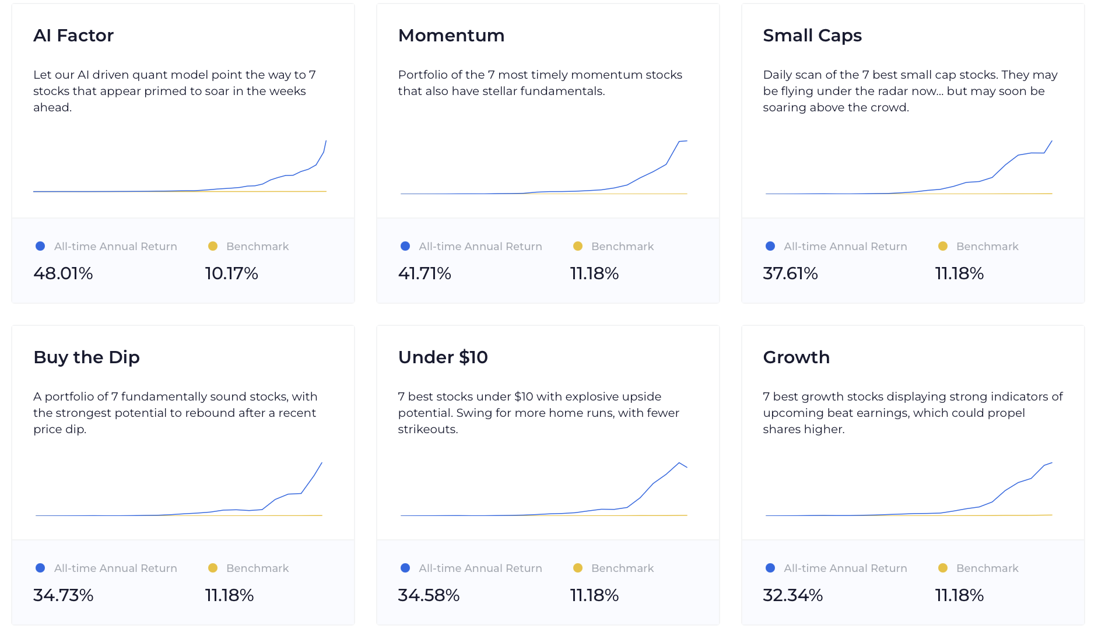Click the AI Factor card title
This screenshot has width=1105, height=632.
click(x=73, y=36)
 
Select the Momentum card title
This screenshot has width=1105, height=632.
click(x=451, y=36)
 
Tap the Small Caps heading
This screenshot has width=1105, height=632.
click(x=812, y=36)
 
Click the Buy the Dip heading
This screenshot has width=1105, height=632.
click(x=86, y=357)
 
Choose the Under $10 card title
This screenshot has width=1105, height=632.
click(x=443, y=357)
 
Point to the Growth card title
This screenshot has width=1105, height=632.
click(x=797, y=357)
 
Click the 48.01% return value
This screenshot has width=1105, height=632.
click(x=63, y=273)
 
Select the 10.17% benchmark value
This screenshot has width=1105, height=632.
click(x=231, y=273)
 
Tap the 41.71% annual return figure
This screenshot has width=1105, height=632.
click(x=425, y=273)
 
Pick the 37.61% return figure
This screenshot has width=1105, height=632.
click(x=790, y=273)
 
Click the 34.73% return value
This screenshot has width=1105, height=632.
click(x=63, y=595)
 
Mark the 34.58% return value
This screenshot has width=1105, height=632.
click(x=429, y=595)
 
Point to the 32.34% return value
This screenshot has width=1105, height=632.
click(x=793, y=595)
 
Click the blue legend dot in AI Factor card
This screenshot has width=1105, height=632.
click(x=40, y=246)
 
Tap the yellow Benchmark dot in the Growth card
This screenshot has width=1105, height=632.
click(x=943, y=568)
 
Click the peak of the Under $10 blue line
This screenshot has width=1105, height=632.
click(x=679, y=463)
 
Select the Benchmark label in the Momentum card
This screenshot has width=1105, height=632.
click(x=622, y=247)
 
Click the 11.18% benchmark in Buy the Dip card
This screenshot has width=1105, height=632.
click(x=229, y=595)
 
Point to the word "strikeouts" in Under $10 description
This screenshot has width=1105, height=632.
click(x=427, y=429)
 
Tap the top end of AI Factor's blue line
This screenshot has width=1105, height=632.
click(x=326, y=141)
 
